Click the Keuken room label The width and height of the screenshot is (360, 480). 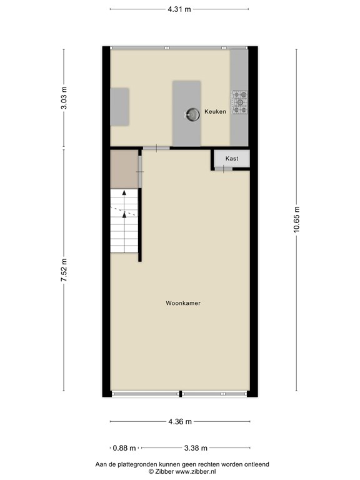click(215, 112)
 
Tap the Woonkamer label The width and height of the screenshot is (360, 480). click(183, 303)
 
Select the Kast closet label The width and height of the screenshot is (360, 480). click(232, 159)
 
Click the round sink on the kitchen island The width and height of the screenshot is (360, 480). click(192, 115)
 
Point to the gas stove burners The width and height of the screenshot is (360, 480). click(240, 102)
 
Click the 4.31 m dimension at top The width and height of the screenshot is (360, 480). click(179, 9)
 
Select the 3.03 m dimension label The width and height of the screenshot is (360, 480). click(64, 98)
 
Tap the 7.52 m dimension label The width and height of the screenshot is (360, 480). click(64, 270)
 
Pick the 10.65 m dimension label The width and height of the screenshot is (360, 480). click(296, 220)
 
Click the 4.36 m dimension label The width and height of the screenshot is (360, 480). click(180, 421)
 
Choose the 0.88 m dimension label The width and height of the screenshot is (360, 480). click(124, 448)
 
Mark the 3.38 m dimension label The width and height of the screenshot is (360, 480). click(196, 448)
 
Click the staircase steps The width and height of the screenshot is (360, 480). click(124, 221)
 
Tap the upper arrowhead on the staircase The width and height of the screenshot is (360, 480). click(124, 192)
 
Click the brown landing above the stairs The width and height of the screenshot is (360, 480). click(124, 169)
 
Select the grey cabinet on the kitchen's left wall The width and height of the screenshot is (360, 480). click(119, 107)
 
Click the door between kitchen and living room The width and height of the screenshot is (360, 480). click(156, 148)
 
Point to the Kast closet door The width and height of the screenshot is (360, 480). click(224, 169)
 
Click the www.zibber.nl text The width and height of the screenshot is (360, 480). click(195, 472)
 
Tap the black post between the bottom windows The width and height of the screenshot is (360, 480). click(181, 394)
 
